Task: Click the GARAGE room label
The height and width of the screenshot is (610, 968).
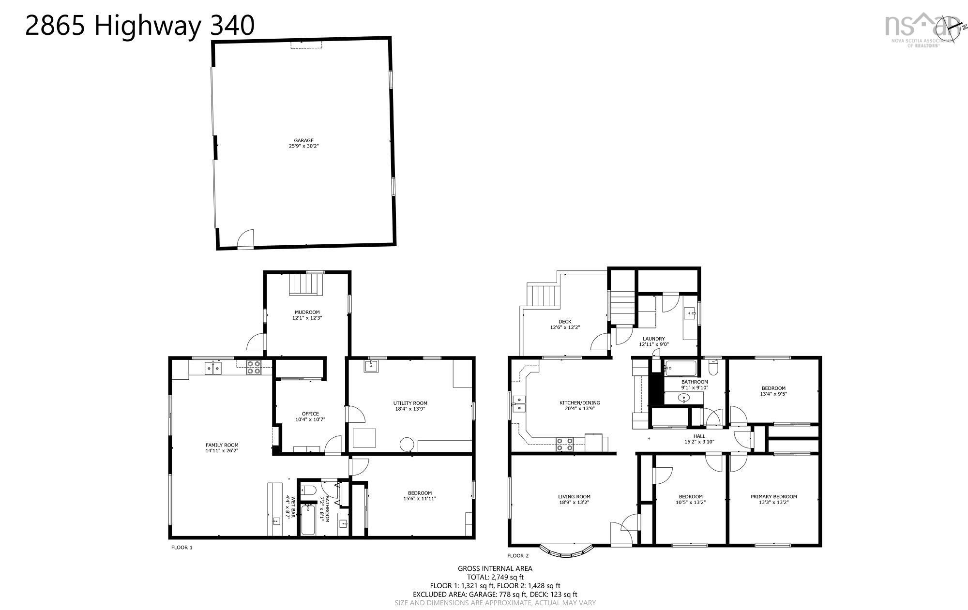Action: pyautogui.click(x=303, y=140)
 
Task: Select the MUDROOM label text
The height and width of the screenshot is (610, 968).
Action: pyautogui.click(x=307, y=312)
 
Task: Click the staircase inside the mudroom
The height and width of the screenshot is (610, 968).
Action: pyautogui.click(x=306, y=283)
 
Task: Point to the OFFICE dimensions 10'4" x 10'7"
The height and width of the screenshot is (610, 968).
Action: pyautogui.click(x=310, y=419)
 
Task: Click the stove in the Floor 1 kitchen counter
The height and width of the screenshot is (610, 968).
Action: pyautogui.click(x=254, y=368)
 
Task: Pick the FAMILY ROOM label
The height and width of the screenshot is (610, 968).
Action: pyautogui.click(x=222, y=445)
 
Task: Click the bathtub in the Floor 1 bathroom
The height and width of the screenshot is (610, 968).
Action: pyautogui.click(x=308, y=520)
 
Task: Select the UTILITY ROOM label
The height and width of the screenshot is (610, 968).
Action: pyautogui.click(x=410, y=403)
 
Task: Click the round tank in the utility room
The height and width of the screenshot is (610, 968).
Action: pyautogui.click(x=406, y=444)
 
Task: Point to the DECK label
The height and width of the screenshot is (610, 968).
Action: pyautogui.click(x=565, y=322)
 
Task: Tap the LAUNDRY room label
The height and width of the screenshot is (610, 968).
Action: pyautogui.click(x=653, y=339)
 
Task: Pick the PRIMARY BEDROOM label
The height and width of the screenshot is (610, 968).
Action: pyautogui.click(x=773, y=496)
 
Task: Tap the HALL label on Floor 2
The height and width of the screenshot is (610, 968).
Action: pyautogui.click(x=699, y=436)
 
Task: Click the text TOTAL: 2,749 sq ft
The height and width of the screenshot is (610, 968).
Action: pyautogui.click(x=495, y=577)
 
